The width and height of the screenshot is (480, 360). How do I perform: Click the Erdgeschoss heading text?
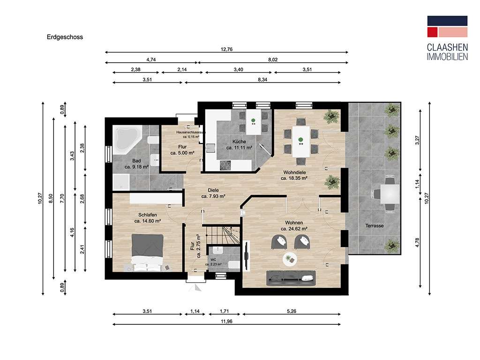(x=65, y=37)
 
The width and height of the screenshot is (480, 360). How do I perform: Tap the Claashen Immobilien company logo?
(x=447, y=38)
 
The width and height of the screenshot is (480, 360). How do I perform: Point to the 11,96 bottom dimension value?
(x=226, y=321)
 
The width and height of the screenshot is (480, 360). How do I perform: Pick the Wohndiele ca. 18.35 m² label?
(x=294, y=175)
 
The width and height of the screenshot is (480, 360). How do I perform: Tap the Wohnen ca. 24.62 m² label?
(x=294, y=225)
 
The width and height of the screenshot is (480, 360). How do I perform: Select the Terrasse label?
(x=375, y=226)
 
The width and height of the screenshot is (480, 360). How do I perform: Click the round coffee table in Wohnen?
(x=289, y=258)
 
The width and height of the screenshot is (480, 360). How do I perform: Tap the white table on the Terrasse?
(x=389, y=193)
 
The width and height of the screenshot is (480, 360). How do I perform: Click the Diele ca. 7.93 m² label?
(x=214, y=193)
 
